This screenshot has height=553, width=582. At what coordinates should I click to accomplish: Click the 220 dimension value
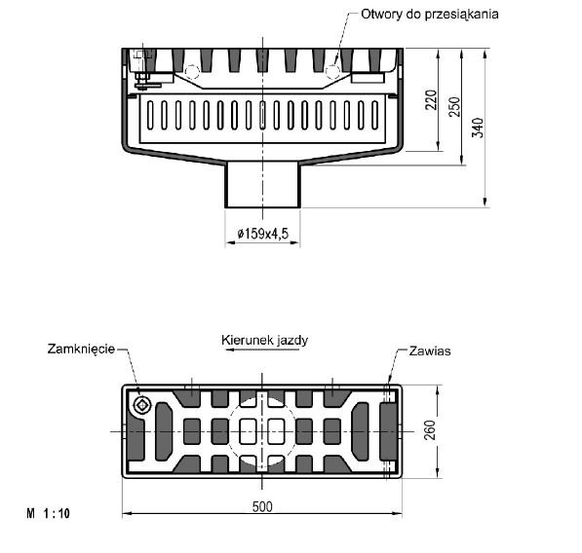(x=431, y=99)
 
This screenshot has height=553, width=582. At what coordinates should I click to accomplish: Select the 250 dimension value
(x=454, y=107)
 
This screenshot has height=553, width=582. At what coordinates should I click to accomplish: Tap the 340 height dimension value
(x=478, y=128)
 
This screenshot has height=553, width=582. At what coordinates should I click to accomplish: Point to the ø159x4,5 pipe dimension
(x=263, y=234)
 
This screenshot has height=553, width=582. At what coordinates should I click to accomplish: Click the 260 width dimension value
(x=430, y=430)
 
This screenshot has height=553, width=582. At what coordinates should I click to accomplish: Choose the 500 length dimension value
(x=262, y=506)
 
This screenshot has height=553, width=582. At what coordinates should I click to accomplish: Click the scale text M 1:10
(x=48, y=513)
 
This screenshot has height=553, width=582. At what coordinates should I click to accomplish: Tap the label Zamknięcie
(x=81, y=350)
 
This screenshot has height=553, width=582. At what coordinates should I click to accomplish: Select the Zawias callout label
(x=430, y=351)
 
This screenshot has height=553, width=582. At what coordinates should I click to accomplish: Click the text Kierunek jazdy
(x=264, y=340)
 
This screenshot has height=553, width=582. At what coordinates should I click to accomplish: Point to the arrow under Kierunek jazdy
(x=262, y=350)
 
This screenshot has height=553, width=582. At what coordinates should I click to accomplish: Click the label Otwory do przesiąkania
(x=430, y=15)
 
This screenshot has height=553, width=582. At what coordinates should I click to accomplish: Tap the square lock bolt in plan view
(x=142, y=405)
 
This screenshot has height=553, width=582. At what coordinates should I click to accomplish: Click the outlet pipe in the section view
(x=263, y=184)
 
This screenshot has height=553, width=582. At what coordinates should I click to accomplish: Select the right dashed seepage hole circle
(x=332, y=71)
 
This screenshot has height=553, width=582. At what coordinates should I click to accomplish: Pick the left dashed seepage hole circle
(x=192, y=71)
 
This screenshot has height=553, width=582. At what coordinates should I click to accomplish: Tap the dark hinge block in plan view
(x=389, y=431)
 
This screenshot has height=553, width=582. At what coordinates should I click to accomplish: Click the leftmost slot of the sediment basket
(x=150, y=115)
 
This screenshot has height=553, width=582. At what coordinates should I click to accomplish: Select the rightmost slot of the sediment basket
(x=375, y=115)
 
